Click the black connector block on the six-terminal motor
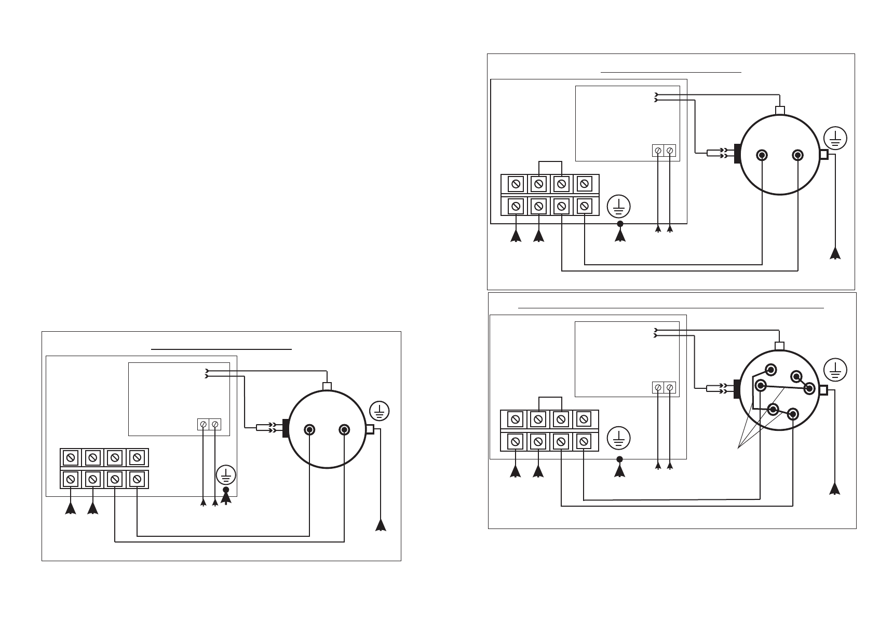coord(736,390)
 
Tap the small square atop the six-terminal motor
coord(779,346)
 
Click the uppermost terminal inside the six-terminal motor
coord(770,370)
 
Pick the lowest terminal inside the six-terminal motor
coord(793,414)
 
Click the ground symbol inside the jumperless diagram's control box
coord(226,476)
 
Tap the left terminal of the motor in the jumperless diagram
coord(309,430)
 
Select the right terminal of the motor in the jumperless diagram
coord(344,430)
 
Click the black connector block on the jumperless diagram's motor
coord(285,428)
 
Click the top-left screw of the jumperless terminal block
coord(70,458)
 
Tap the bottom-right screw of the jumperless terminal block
coord(137,479)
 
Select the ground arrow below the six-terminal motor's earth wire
coord(835,489)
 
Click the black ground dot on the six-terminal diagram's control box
coord(619,459)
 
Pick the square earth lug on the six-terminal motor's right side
coord(823,390)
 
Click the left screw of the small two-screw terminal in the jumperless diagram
coord(204,425)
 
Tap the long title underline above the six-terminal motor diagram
coord(671,308)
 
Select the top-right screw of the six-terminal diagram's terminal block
coord(584,419)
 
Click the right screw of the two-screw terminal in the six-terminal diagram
coord(670,387)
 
